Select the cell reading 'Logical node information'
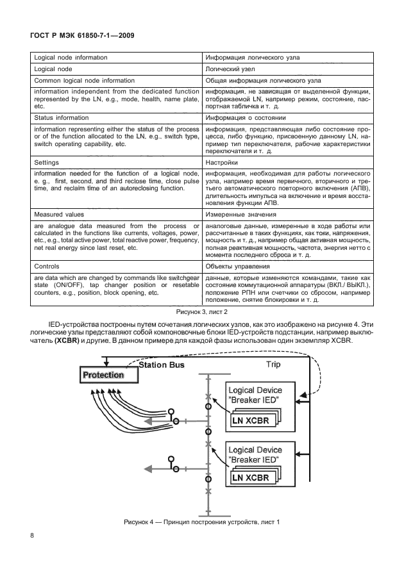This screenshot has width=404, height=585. click(71, 58)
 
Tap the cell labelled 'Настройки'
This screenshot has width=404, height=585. click(222, 163)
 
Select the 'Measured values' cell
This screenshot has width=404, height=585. click(60, 215)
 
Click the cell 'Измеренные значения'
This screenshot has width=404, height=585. click(240, 215)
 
